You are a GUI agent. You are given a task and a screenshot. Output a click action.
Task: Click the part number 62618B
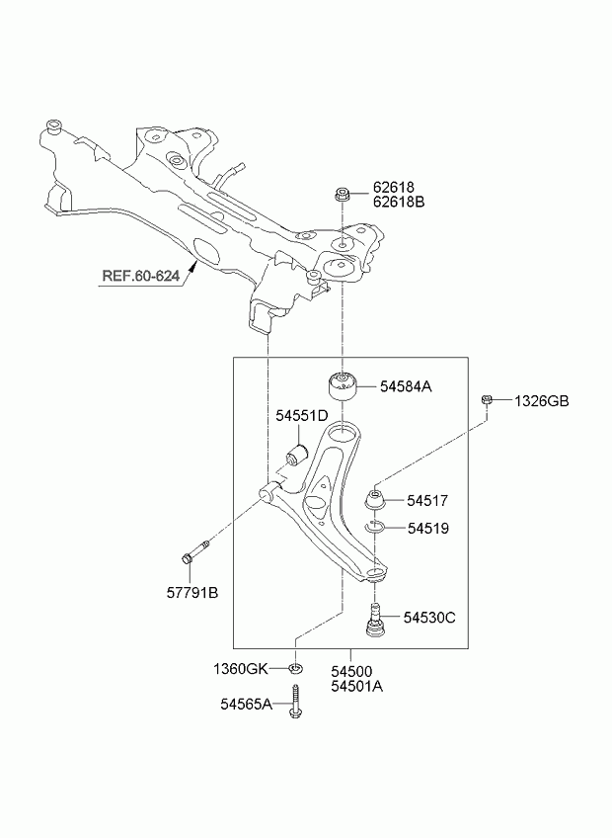[398, 203]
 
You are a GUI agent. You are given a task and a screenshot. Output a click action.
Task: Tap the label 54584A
[406, 386]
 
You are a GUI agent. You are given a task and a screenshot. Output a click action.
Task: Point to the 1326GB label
[541, 401]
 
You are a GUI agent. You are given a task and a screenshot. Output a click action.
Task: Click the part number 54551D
[301, 417]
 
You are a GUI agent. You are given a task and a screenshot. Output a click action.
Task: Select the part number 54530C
[427, 618]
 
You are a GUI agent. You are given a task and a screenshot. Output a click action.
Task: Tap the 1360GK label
[241, 669]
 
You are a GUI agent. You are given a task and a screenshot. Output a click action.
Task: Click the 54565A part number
[246, 704]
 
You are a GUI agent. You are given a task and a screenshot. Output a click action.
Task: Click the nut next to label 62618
[342, 193]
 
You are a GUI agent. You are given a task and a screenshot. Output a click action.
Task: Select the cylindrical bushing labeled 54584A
[342, 387]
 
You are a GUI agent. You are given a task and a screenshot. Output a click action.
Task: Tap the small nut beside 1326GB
[488, 400]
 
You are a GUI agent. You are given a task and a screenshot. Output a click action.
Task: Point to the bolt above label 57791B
[193, 554]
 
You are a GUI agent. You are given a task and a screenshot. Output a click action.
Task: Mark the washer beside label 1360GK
[295, 669]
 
